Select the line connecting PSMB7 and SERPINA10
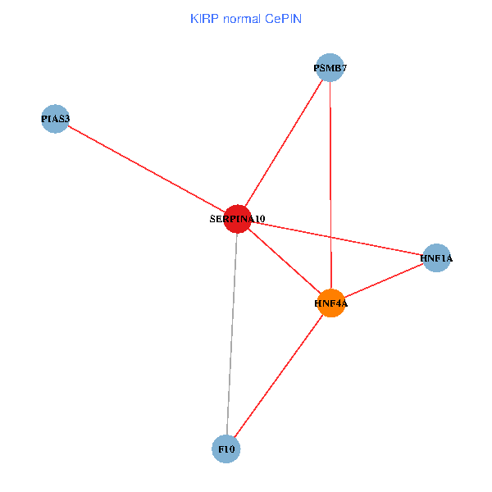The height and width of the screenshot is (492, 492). coord(284,143)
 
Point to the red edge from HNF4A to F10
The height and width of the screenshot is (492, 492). coord(278,376)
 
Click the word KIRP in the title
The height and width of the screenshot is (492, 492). coord(203,18)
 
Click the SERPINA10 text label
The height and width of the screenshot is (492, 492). coord(237,219)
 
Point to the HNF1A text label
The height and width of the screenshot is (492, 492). coord(436,259)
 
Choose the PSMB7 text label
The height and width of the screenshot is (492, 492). coord(330,68)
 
